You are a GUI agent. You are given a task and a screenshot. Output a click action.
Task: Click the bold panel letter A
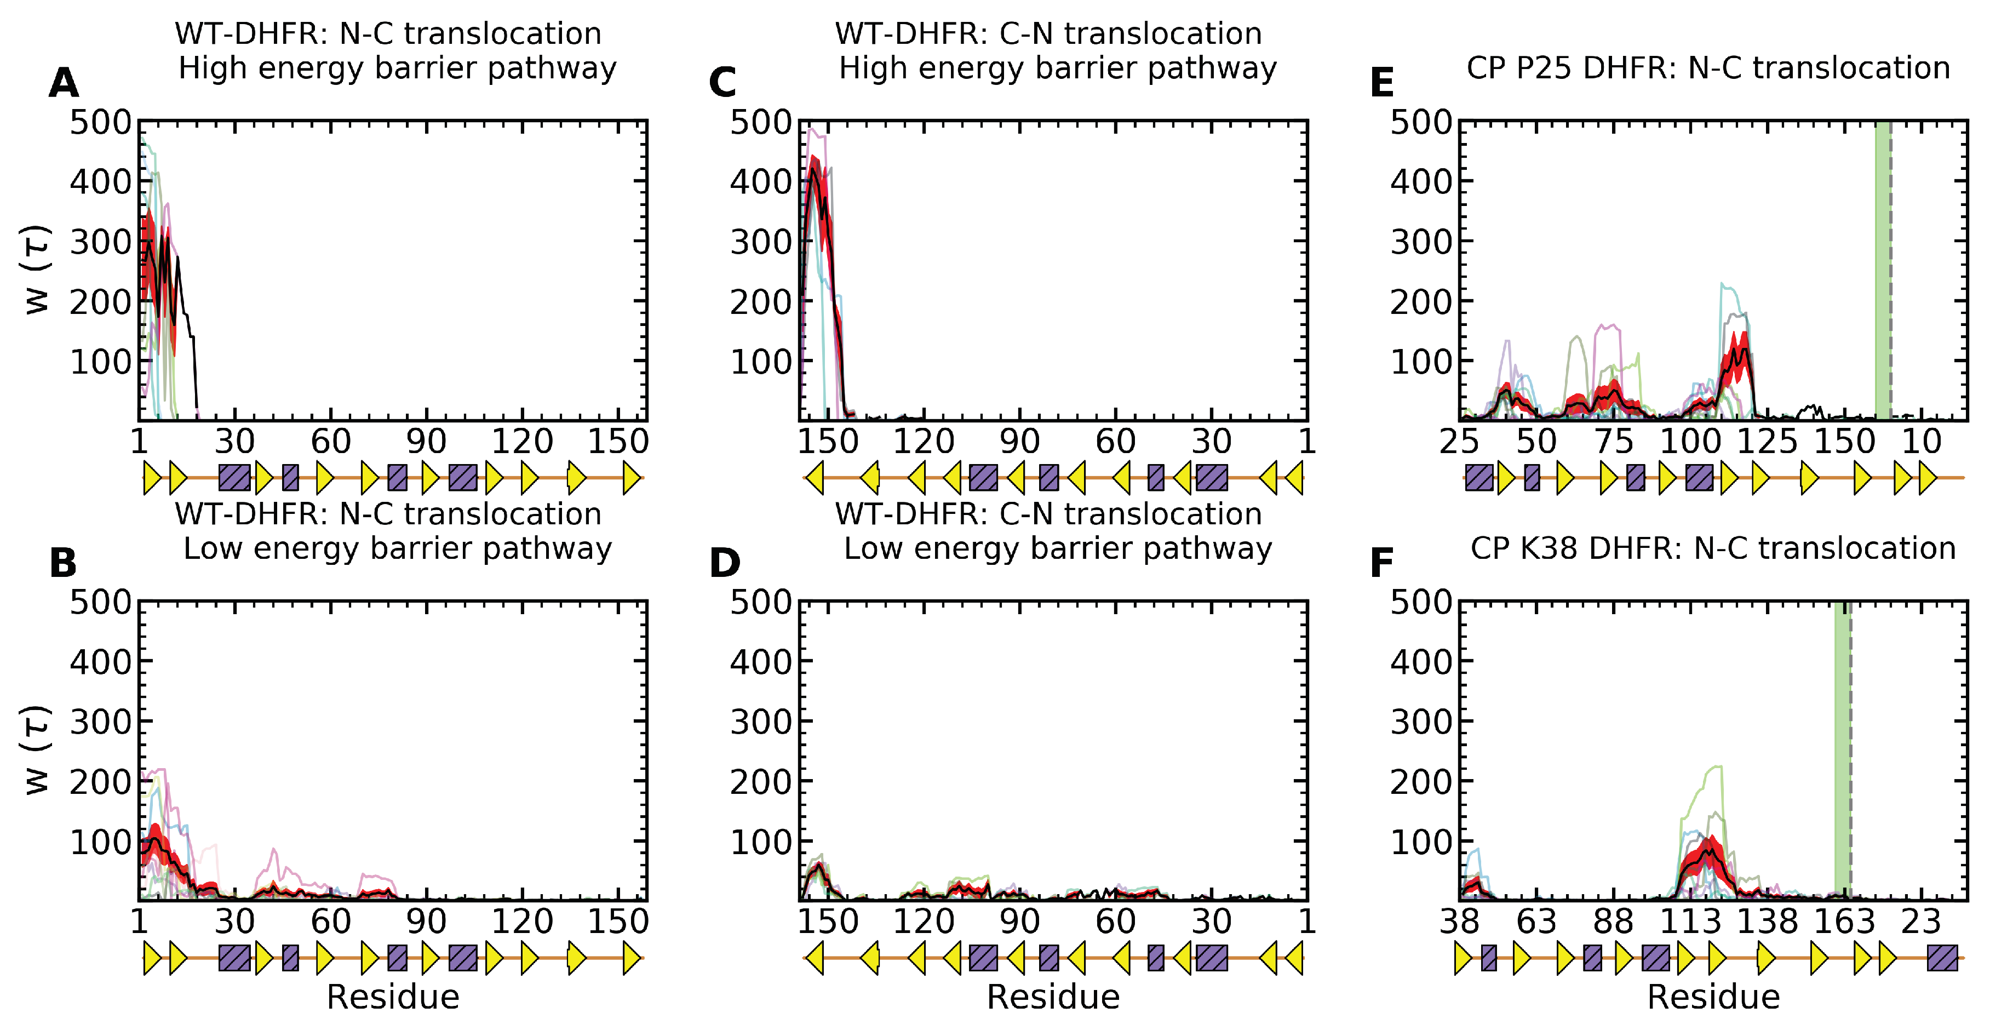point(64,83)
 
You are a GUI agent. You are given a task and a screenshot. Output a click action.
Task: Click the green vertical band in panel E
point(1882,271)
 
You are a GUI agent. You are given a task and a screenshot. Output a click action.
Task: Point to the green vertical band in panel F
point(1842,749)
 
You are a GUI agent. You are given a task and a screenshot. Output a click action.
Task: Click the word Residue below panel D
point(1053,997)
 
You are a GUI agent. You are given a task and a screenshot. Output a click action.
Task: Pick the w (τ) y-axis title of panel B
point(37,749)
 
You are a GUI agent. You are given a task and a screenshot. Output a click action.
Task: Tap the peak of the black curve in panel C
point(813,168)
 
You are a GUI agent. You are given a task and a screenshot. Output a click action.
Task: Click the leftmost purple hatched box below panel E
point(1478,478)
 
